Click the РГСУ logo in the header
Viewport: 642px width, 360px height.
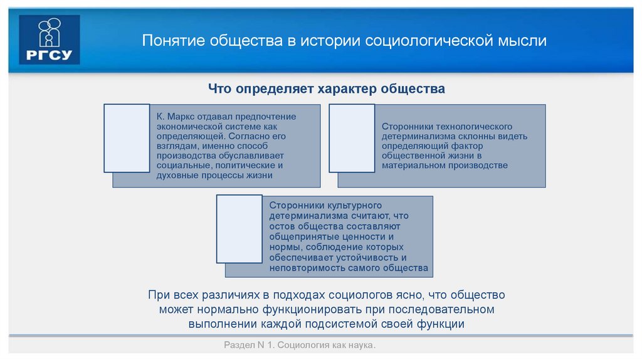(50, 40)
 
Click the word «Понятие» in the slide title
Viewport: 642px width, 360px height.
(171, 41)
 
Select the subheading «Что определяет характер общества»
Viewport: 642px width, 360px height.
(327, 89)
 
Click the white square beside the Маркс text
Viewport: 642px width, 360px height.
(127, 138)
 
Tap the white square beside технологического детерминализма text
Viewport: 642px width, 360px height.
(352, 138)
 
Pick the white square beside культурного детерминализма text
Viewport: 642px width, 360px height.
(239, 228)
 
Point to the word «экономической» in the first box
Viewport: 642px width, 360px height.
(187, 126)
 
